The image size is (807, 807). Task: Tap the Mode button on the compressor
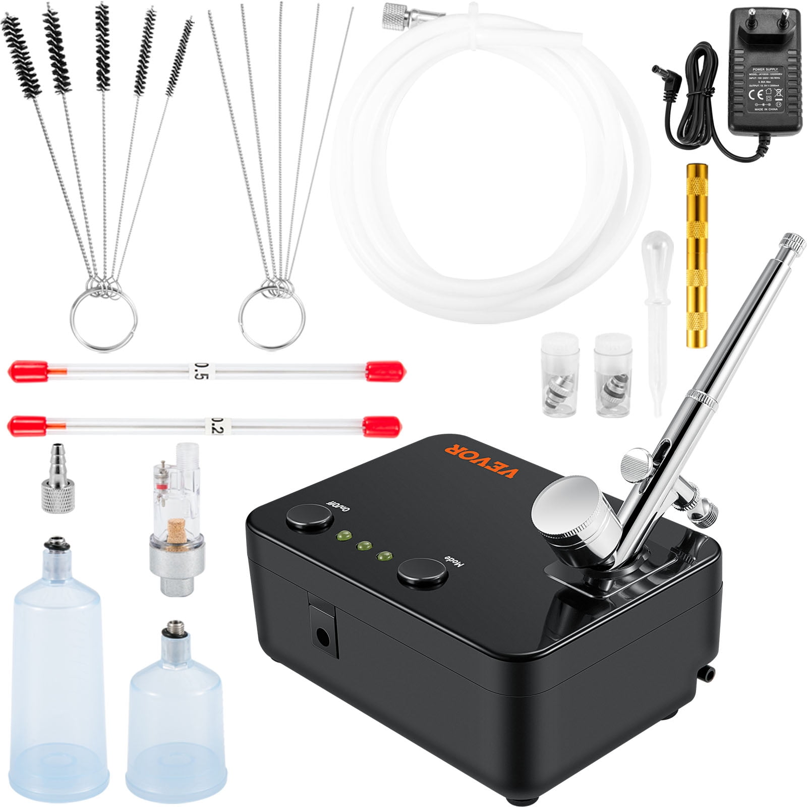click(423, 573)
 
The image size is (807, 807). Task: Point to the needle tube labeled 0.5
click(207, 371)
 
